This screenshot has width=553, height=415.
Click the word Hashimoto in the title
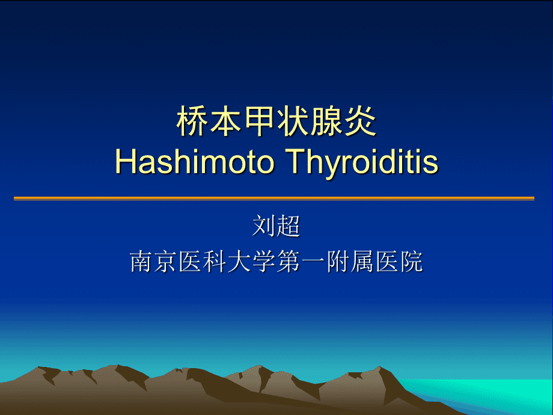click(x=195, y=162)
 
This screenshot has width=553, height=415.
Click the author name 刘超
click(x=276, y=227)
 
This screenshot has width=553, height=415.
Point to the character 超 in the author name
click(x=289, y=227)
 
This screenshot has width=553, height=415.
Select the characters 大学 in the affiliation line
click(x=252, y=262)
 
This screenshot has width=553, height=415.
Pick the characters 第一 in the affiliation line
click(x=301, y=262)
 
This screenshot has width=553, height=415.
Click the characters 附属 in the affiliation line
click(x=350, y=262)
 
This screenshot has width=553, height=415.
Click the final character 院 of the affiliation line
click(x=411, y=262)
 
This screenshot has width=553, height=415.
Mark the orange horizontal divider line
click(x=274, y=198)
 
